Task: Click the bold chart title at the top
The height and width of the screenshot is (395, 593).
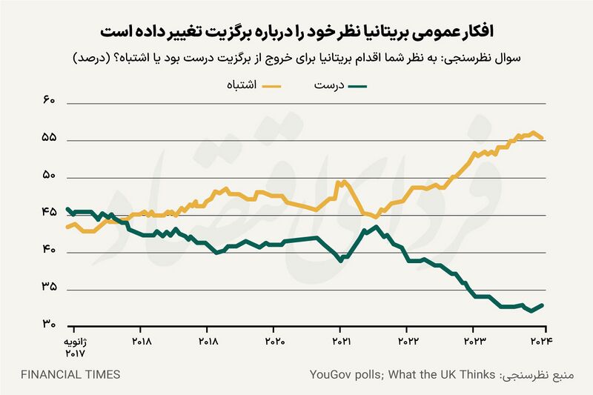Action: tap(296, 32)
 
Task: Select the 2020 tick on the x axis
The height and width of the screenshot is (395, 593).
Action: tap(274, 342)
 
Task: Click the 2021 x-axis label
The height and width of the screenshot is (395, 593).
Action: tap(341, 342)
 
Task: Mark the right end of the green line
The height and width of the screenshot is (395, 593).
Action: tap(543, 305)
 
